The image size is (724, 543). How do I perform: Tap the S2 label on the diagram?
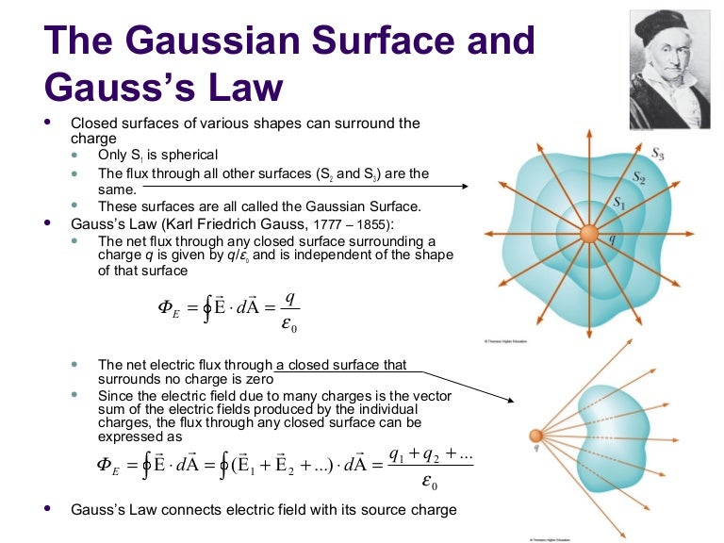tap(637, 177)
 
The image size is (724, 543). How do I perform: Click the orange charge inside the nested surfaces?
tap(588, 234)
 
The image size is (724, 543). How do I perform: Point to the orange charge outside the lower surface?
tap(535, 436)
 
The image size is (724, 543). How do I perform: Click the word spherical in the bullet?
tap(189, 155)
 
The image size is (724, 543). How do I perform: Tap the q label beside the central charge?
tap(611, 239)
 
